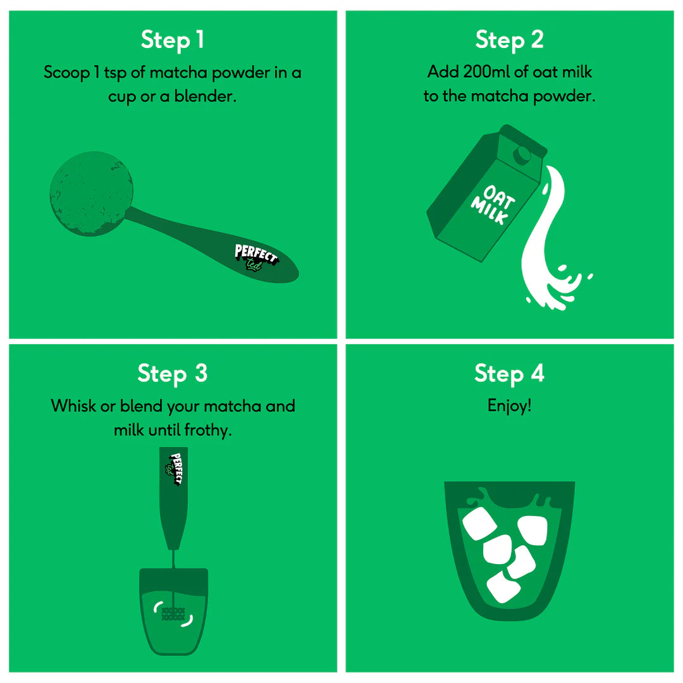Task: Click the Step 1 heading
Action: pyautogui.click(x=173, y=40)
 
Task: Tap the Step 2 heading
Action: pyautogui.click(x=509, y=40)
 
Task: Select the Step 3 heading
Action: pyautogui.click(x=173, y=373)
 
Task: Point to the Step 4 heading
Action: pyautogui.click(x=509, y=373)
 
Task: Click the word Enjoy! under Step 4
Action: pyautogui.click(x=509, y=405)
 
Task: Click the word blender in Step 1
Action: pyautogui.click(x=205, y=96)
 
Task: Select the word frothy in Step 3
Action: pyautogui.click(x=208, y=431)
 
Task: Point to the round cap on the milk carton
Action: pyautogui.click(x=522, y=154)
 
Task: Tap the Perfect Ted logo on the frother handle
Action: pyautogui.click(x=174, y=469)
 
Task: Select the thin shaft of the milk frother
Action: pyautogui.click(x=174, y=559)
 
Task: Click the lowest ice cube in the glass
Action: pyautogui.click(x=503, y=587)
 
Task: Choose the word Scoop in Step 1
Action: pyautogui.click(x=66, y=73)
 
